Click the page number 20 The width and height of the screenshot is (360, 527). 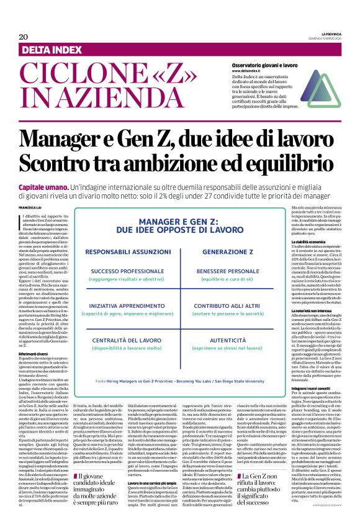23,37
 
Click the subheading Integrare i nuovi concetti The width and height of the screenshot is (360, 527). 313,387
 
